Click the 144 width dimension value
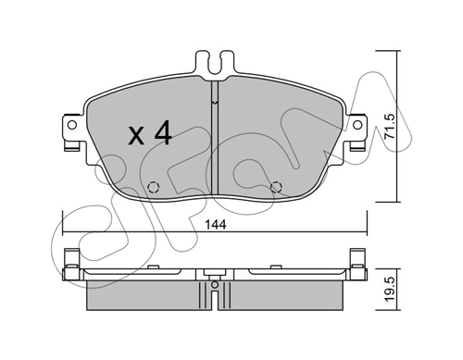tap(215, 225)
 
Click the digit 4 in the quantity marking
tap(163, 133)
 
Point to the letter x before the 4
tap(136, 137)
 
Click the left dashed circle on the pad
tap(153, 187)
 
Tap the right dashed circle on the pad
tap(276, 187)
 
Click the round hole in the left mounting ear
tap(72, 125)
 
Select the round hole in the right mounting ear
tap(357, 125)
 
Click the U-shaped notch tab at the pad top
tap(215, 63)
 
